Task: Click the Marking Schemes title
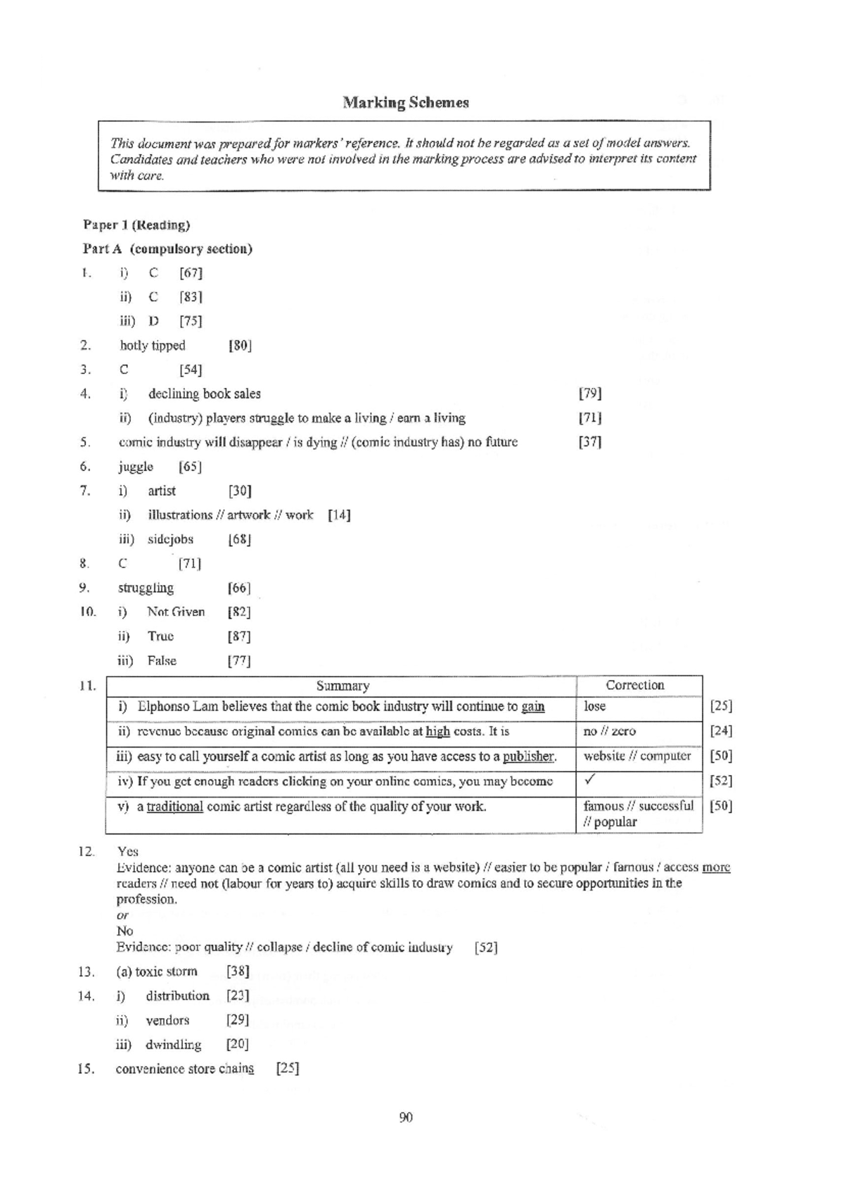(x=406, y=103)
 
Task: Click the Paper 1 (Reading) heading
(x=136, y=225)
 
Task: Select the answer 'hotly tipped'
(x=153, y=346)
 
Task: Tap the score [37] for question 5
(x=590, y=442)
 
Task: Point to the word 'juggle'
(x=136, y=467)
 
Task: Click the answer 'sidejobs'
(x=170, y=539)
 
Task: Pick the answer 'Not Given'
(x=176, y=612)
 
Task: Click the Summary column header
(x=343, y=686)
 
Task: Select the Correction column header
(x=634, y=685)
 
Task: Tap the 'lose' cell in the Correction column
(x=594, y=706)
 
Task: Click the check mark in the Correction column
(x=591, y=780)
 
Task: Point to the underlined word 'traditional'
(x=175, y=807)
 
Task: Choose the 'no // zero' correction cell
(x=609, y=731)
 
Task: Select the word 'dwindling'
(x=173, y=1045)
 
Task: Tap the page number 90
(x=406, y=1118)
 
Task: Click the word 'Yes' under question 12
(x=128, y=852)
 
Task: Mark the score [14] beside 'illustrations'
(x=339, y=515)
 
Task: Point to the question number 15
(x=86, y=1069)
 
